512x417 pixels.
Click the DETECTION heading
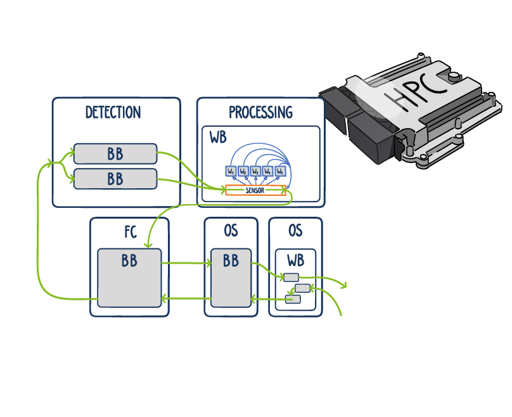(113, 113)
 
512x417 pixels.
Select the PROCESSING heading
(260, 113)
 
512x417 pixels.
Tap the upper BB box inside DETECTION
(115, 154)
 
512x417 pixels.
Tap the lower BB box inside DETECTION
(115, 179)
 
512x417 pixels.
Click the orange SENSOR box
(255, 190)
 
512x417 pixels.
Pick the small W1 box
(231, 171)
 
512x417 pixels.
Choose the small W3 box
(255, 171)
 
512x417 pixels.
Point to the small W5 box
(280, 171)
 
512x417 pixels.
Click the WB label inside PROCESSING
(217, 138)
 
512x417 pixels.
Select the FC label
(130, 231)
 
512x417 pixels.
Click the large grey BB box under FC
(129, 278)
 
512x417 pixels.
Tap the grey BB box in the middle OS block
(231, 278)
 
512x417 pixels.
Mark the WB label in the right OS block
(295, 260)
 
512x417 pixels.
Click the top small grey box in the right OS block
(291, 277)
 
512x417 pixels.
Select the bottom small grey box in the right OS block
(292, 299)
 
